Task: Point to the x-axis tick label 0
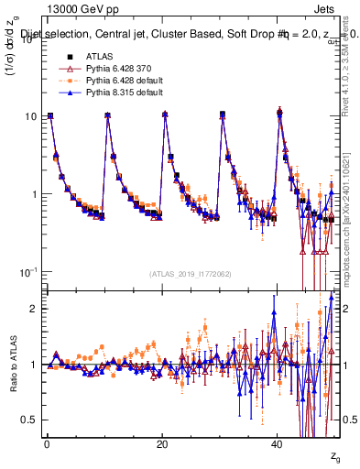[46, 442]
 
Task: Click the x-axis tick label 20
[161, 442]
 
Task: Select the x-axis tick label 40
[277, 442]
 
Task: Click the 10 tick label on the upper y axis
[29, 116]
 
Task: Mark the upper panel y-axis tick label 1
[33, 194]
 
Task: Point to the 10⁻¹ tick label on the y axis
[27, 272]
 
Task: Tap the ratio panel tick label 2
[33, 309]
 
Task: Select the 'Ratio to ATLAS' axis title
[12, 364]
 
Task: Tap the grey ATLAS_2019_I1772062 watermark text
[191, 273]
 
